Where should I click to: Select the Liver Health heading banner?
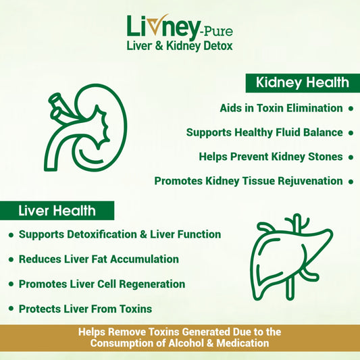coord(57,211)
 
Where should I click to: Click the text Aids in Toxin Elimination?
coord(281,108)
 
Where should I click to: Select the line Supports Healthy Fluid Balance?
coord(264,132)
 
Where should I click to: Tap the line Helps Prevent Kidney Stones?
coord(271,157)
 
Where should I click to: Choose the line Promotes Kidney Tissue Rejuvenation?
coord(249,181)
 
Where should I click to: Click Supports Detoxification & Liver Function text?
coord(120,234)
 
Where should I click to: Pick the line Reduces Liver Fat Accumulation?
coord(99,259)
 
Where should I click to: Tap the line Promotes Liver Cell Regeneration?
coord(101,284)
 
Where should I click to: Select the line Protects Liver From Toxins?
coord(85,309)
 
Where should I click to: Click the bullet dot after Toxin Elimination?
coord(350,108)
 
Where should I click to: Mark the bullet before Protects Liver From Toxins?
coord(11,309)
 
